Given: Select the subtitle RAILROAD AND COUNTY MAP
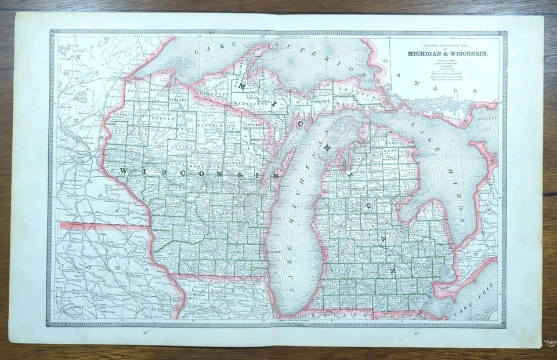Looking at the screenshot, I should pos(447,47).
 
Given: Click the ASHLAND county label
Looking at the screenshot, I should pos(177,99).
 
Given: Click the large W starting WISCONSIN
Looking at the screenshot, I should pos(124,170).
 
